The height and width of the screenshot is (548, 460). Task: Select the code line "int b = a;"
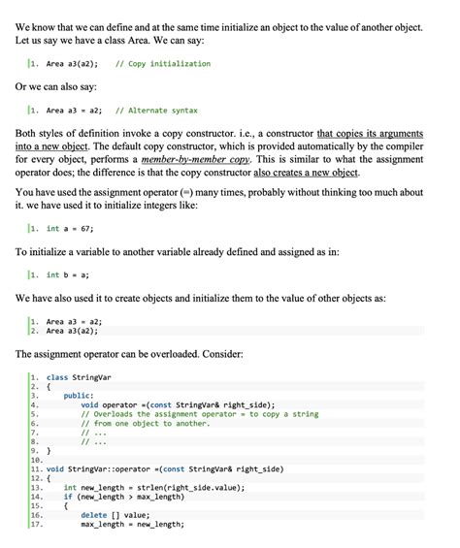(x=68, y=274)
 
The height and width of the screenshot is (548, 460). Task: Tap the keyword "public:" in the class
(x=79, y=396)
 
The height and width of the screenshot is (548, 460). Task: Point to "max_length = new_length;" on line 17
(x=132, y=525)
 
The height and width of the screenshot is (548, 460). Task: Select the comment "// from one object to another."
(x=146, y=423)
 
